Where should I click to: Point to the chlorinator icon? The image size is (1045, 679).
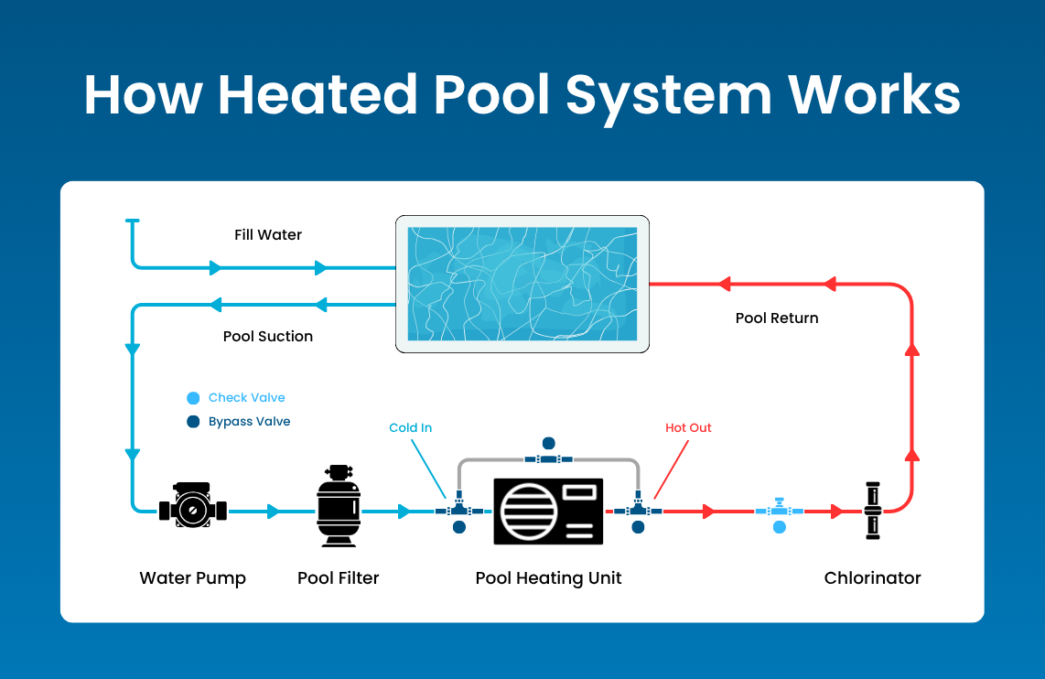tap(872, 511)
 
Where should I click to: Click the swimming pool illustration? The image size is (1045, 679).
tap(522, 284)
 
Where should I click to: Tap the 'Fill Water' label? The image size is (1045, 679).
tap(268, 235)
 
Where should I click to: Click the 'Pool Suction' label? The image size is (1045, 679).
tap(268, 337)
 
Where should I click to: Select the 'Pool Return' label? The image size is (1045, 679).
tap(777, 318)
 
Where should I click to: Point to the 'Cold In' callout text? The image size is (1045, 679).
tap(410, 428)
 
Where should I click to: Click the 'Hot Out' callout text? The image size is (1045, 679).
tap(688, 428)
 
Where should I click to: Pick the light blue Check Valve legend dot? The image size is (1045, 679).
tap(193, 398)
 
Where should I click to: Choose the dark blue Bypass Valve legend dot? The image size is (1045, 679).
tap(193, 422)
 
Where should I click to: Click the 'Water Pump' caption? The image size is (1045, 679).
tap(192, 578)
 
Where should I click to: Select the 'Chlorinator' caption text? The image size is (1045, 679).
tap(872, 578)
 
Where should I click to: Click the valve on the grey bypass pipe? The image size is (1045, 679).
tap(548, 457)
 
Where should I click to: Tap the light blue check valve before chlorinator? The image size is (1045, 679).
tap(779, 511)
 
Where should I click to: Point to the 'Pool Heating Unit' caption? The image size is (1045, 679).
tap(548, 578)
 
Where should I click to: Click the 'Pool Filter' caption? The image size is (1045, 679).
tap(339, 578)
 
